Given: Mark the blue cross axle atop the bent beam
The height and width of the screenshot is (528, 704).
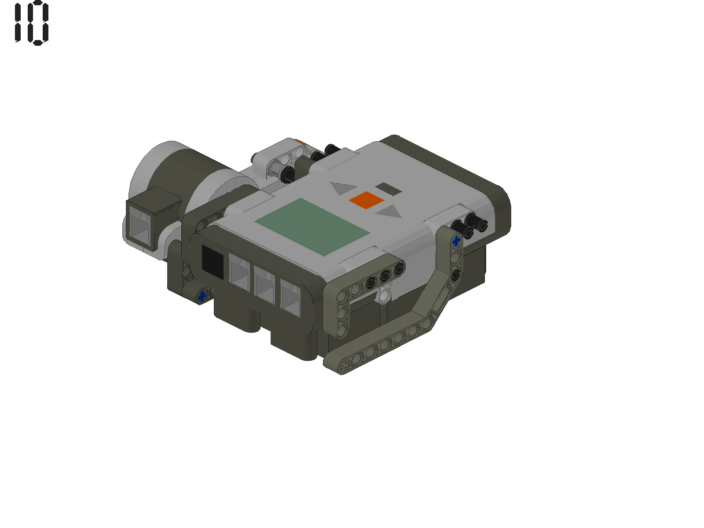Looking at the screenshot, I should click(x=456, y=241).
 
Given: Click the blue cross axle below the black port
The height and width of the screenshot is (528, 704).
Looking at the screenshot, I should click(x=202, y=296).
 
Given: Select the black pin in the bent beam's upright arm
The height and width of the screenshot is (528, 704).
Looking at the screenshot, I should click(x=456, y=275).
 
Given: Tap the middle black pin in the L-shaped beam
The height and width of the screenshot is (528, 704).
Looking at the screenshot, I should click(x=385, y=276).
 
